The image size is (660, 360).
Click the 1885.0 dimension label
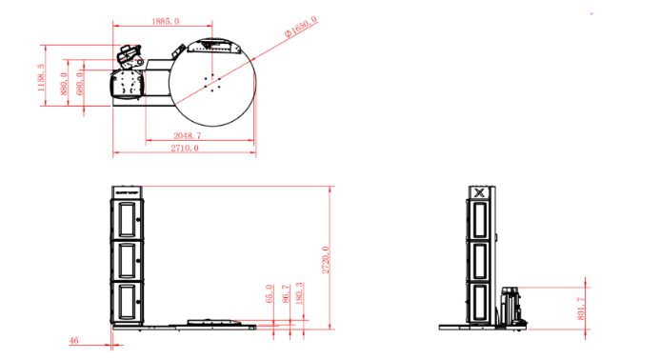166,21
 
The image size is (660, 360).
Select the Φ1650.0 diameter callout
301,27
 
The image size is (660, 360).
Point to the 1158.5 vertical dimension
41,77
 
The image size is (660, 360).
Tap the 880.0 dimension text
64,84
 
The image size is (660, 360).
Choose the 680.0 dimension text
80,84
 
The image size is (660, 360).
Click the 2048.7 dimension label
188,135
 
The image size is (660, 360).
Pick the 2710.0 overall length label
185,148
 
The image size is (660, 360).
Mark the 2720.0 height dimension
326,260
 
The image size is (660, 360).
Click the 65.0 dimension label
270,293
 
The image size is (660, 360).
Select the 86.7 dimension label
287,293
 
